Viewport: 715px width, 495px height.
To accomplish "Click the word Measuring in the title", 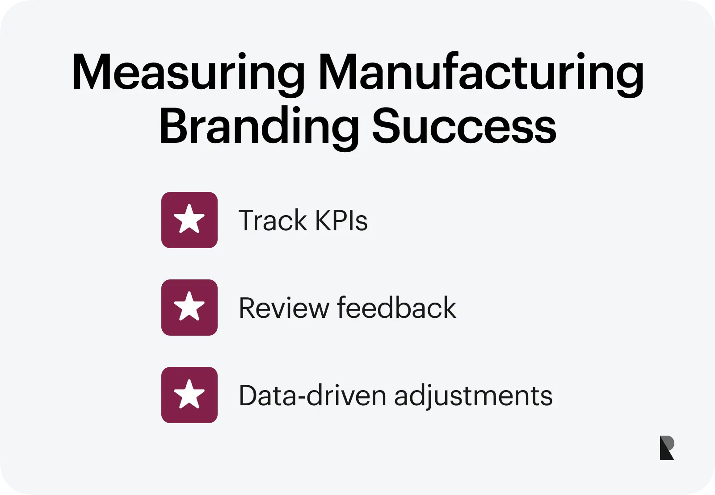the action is click(x=188, y=75).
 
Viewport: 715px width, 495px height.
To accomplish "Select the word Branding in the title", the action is click(x=259, y=128).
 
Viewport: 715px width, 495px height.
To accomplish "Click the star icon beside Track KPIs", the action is click(x=189, y=220).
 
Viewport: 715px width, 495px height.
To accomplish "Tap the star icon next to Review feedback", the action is click(x=189, y=307).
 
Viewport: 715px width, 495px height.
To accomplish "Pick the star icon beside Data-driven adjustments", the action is click(x=189, y=395).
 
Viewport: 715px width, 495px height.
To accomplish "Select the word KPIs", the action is click(x=341, y=220).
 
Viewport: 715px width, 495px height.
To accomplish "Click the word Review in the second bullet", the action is click(x=284, y=308).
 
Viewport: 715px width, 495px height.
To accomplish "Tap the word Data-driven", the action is click(x=312, y=395).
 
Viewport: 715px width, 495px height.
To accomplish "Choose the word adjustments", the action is click(x=473, y=396).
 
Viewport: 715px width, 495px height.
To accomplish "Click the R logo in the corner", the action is click(x=667, y=448).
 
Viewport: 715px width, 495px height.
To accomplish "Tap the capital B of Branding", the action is click(x=174, y=125).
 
